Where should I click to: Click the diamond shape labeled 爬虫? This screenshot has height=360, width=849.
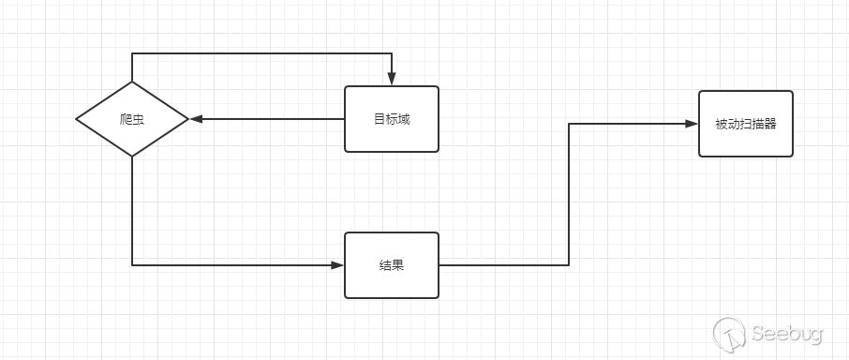click(132, 119)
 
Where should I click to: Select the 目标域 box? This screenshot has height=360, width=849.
click(392, 119)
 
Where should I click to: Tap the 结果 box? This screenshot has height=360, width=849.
click(392, 265)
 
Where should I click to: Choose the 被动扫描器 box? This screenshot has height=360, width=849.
click(746, 124)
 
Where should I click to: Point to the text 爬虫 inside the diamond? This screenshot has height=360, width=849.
click(132, 119)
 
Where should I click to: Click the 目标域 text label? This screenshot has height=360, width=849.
click(392, 119)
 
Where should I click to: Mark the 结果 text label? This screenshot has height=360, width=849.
click(392, 265)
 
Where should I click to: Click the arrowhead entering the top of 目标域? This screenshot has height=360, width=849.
click(392, 81)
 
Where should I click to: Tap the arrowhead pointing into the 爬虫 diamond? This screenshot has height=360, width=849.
click(195, 119)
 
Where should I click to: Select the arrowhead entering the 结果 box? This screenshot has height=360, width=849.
click(338, 265)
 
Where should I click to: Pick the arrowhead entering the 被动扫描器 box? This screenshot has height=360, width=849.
click(693, 124)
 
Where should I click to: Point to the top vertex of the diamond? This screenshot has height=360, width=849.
click(132, 82)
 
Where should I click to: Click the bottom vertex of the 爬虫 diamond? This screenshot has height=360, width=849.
click(132, 157)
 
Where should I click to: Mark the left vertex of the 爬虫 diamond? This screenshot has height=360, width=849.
click(77, 119)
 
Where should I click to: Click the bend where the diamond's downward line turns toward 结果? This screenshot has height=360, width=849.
click(132, 265)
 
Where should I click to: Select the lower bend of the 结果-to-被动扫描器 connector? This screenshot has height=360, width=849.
click(569, 265)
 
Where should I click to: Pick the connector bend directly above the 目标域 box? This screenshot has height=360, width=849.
click(392, 54)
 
